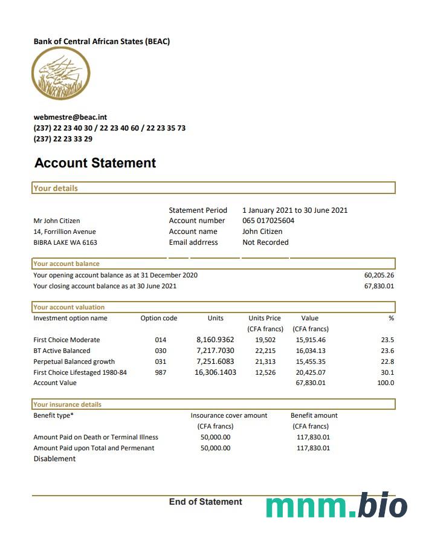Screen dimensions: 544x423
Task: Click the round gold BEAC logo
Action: click(x=61, y=74)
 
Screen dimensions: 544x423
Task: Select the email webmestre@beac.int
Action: click(x=70, y=117)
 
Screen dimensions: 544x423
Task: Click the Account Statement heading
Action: click(x=95, y=163)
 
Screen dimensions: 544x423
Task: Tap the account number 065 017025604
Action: click(x=268, y=221)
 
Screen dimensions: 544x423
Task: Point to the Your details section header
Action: click(x=56, y=188)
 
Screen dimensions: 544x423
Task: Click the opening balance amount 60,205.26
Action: click(x=379, y=275)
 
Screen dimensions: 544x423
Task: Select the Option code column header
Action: click(x=159, y=318)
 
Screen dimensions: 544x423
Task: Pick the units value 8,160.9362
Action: click(x=215, y=340)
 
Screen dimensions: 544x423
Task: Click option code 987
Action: click(x=160, y=372)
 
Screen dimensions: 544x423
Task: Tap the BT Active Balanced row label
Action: click(x=62, y=351)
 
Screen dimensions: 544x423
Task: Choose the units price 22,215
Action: click(x=265, y=351)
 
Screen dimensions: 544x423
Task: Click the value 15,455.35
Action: click(x=311, y=361)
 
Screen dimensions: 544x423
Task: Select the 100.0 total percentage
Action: click(x=385, y=383)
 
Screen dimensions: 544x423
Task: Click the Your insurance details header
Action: click(x=68, y=404)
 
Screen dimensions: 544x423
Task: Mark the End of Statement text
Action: click(x=205, y=502)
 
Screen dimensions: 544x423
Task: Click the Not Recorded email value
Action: click(x=265, y=242)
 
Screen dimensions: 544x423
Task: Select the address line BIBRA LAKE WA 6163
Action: click(x=65, y=242)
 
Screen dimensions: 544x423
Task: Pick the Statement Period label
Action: click(x=198, y=210)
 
